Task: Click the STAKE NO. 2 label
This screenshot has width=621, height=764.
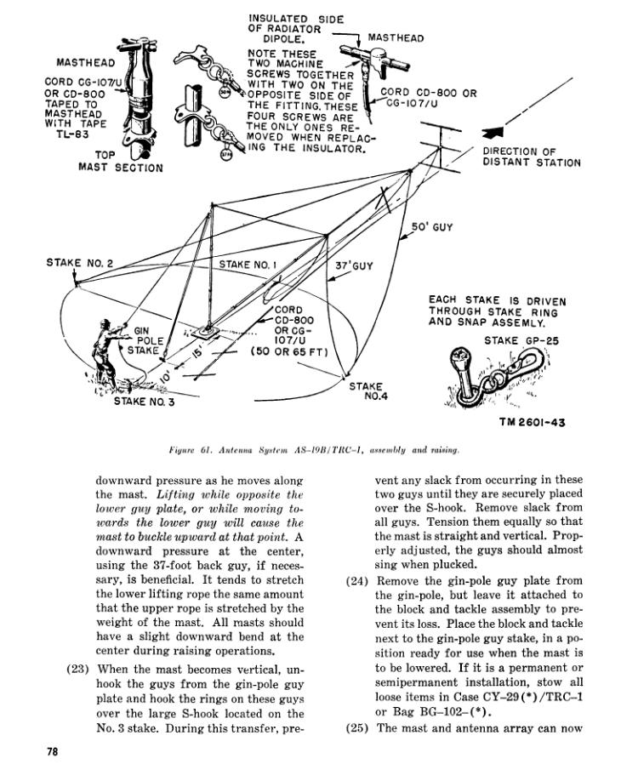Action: (79, 263)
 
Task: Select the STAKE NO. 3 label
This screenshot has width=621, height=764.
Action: (144, 402)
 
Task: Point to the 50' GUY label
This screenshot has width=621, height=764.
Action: (431, 227)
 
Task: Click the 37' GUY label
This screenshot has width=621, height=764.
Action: (354, 266)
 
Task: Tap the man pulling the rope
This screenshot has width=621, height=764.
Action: (105, 358)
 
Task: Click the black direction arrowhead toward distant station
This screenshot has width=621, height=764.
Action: (493, 133)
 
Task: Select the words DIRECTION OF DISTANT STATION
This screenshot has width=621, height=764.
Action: (532, 157)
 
